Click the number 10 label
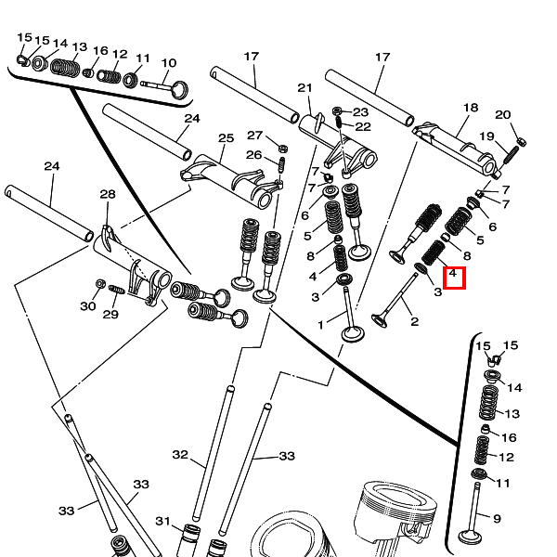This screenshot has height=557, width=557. [169, 63]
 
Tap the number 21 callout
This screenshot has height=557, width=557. [304, 88]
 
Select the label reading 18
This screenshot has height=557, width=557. [471, 108]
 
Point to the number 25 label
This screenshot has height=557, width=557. [226, 137]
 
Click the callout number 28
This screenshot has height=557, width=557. [108, 194]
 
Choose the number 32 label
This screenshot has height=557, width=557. [180, 454]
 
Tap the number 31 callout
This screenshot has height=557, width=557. [163, 521]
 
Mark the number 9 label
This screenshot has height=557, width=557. [497, 519]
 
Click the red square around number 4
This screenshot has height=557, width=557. [454, 278]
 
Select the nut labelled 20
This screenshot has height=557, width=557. [521, 141]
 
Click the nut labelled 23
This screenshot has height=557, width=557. [337, 111]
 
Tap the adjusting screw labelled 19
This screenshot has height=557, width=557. [511, 155]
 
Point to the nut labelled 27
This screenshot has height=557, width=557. [283, 149]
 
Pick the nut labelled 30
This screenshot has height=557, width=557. [100, 284]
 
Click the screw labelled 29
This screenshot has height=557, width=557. [117, 289]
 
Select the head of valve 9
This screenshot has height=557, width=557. [471, 537]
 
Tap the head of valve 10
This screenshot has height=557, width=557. [180, 89]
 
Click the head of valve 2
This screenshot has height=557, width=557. [380, 320]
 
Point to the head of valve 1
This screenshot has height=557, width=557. [353, 334]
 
